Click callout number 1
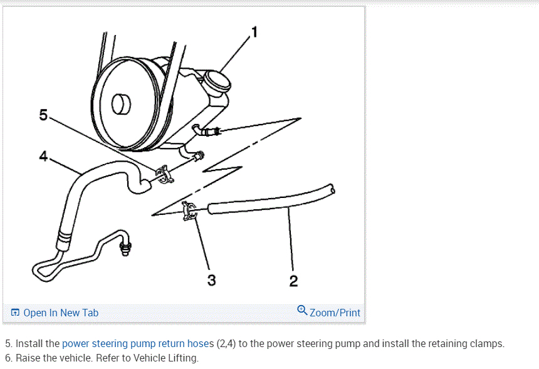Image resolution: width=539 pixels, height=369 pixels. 254,31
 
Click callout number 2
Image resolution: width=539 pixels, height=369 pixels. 293,281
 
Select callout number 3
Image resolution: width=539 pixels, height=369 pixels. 211,281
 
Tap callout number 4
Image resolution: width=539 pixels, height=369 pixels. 43,157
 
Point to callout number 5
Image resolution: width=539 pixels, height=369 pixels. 43,115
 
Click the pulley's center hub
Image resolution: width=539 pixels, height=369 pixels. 120,103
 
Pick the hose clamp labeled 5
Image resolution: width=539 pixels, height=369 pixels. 164,174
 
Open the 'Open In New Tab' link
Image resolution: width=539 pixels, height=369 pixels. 60,313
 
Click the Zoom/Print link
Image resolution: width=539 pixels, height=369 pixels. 335,313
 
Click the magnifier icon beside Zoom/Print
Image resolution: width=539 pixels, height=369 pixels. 302,311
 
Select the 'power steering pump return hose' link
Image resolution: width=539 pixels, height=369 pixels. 137,343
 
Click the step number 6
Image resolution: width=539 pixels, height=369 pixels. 8,358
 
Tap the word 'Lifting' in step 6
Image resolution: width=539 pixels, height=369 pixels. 184,358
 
